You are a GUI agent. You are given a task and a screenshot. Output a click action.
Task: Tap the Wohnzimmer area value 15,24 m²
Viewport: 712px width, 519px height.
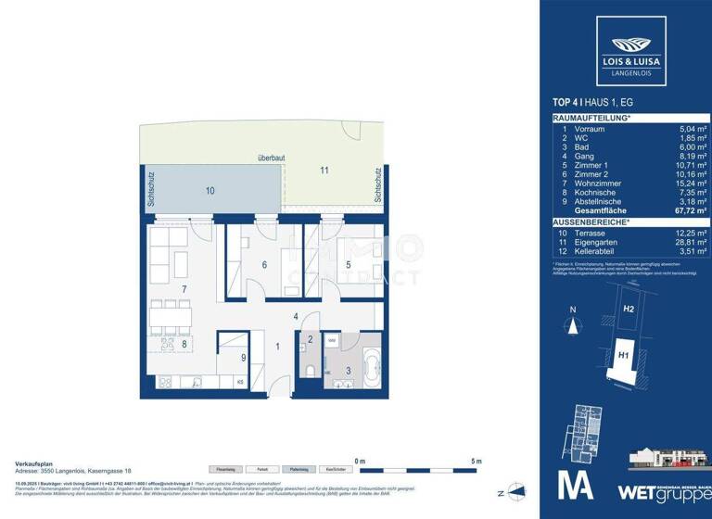[x=689, y=182]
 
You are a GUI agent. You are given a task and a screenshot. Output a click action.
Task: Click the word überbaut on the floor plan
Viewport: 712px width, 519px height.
[x=271, y=158]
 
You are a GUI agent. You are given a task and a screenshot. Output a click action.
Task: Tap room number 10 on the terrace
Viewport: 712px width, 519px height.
[x=210, y=190]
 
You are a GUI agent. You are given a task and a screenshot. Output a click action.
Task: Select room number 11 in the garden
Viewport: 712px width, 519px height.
[x=324, y=171]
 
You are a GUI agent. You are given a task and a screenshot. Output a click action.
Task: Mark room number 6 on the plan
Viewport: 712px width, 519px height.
[x=264, y=266]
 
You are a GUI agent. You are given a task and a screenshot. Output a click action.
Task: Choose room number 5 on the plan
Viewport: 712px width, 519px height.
[x=348, y=265]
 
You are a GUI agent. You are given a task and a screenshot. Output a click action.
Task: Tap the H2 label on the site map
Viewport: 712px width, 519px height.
[x=628, y=309]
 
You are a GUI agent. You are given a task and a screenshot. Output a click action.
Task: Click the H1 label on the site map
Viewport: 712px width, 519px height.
[x=623, y=352]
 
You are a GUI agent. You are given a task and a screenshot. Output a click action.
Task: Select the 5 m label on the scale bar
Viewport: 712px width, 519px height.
[x=477, y=461]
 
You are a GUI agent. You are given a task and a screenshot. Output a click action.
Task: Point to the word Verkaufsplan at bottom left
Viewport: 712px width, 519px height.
[x=32, y=461]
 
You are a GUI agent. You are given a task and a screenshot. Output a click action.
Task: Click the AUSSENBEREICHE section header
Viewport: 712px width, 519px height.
[x=590, y=222]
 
